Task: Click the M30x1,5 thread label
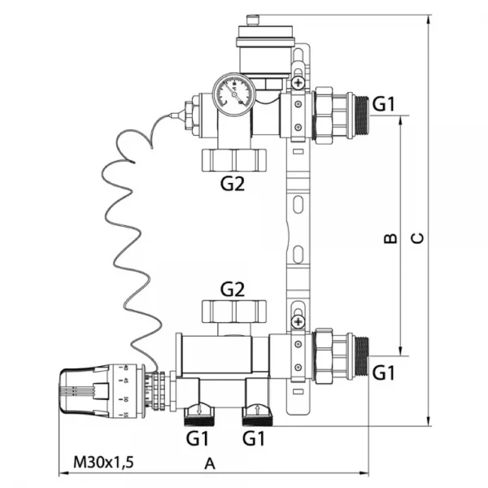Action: point(103,462)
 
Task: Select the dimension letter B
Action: point(390,237)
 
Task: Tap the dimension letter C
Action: point(416,237)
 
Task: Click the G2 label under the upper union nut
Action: point(233,184)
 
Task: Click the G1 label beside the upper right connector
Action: point(383,103)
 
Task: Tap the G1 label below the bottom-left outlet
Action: point(198,438)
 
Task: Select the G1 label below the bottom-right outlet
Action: point(255,438)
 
